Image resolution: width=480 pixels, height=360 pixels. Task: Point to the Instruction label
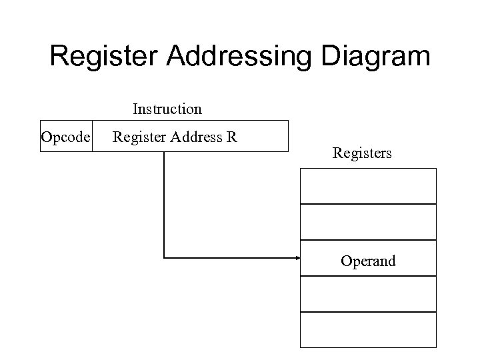(x=167, y=108)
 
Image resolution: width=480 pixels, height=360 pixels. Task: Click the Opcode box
(x=66, y=137)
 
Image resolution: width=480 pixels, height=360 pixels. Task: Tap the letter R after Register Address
(x=231, y=137)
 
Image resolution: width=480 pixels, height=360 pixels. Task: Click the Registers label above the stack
(x=362, y=153)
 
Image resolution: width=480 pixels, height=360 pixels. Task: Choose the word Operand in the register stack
(x=368, y=261)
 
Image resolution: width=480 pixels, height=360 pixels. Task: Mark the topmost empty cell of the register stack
(x=368, y=186)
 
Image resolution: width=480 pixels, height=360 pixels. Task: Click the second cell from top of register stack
(x=368, y=222)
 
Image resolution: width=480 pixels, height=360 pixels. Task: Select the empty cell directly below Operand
(x=368, y=293)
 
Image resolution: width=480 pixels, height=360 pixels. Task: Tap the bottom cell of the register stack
(x=368, y=329)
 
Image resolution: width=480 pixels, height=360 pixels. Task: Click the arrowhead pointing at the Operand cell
(x=297, y=257)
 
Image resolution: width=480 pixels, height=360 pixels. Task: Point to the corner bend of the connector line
(x=164, y=257)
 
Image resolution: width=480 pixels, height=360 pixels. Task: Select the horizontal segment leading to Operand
(x=227, y=257)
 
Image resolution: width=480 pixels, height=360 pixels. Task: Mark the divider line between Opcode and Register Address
(x=92, y=137)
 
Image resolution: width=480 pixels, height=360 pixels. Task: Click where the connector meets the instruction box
(x=164, y=152)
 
